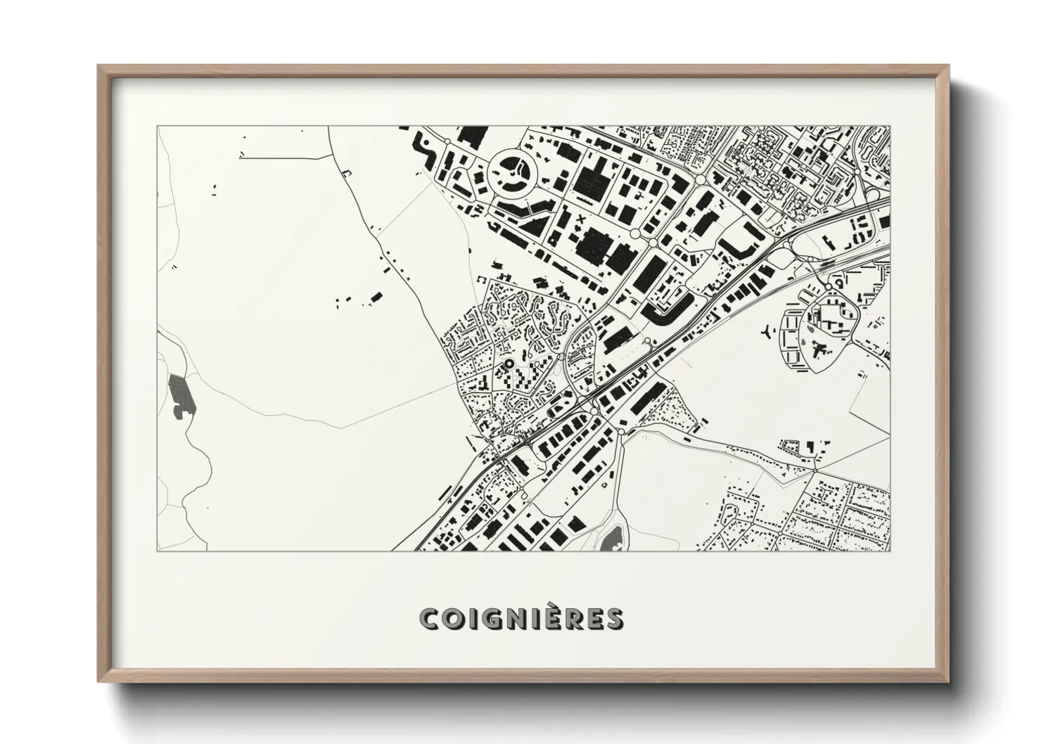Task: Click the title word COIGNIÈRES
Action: click(520, 618)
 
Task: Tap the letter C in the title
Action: click(428, 619)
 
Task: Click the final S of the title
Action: click(613, 619)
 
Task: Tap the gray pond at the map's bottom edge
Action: click(609, 540)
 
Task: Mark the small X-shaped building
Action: click(581, 220)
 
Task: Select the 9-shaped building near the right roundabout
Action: click(838, 284)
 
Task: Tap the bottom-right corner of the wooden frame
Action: click(949, 682)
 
